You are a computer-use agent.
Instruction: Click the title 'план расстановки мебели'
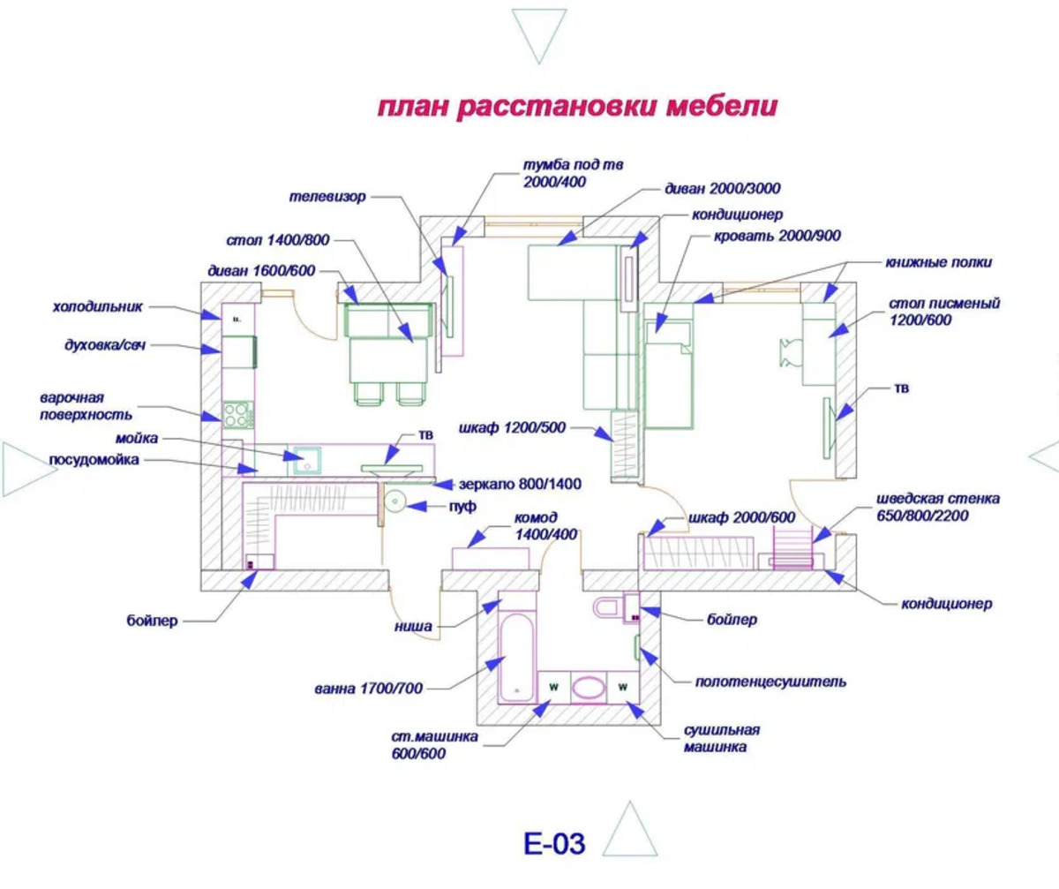pyautogui.click(x=578, y=107)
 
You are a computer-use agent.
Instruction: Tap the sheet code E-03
pyautogui.click(x=554, y=844)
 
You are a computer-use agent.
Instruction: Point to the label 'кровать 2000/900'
pyautogui.click(x=765, y=236)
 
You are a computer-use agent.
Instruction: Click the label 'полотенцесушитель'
pyautogui.click(x=770, y=682)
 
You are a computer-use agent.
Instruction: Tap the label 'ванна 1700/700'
pyautogui.click(x=369, y=689)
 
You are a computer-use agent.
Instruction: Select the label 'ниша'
pyautogui.click(x=414, y=627)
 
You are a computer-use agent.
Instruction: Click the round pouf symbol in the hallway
pyautogui.click(x=394, y=504)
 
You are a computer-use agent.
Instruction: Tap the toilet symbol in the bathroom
pyautogui.click(x=608, y=607)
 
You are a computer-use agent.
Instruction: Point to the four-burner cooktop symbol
pyautogui.click(x=237, y=414)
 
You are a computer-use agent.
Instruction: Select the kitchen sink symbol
pyautogui.click(x=306, y=460)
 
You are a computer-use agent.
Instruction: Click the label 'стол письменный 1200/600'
pyautogui.click(x=943, y=312)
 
